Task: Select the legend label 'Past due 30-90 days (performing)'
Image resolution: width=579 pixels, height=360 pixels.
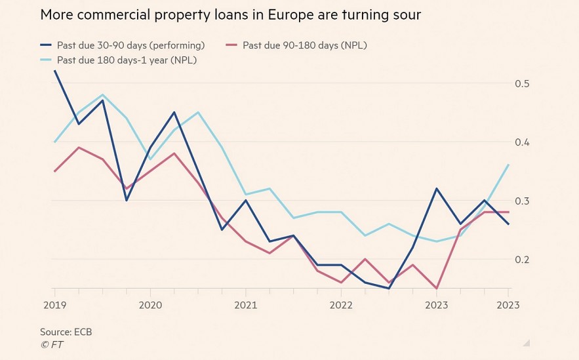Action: [130, 45]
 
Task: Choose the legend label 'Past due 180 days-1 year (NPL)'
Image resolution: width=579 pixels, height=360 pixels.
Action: [127, 60]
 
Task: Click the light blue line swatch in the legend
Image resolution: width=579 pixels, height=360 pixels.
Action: [47, 60]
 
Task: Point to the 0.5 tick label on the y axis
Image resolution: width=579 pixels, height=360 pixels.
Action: [523, 83]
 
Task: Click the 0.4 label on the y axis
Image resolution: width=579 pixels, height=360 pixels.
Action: [523, 142]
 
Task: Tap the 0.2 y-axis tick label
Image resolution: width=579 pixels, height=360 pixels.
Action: [523, 260]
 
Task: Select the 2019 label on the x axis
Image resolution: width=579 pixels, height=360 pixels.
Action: [54, 305]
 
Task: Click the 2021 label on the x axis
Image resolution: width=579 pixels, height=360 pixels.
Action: [245, 305]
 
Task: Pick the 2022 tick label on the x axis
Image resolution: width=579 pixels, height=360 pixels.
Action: [341, 305]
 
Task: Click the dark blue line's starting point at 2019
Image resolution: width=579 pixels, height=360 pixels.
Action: [54, 71]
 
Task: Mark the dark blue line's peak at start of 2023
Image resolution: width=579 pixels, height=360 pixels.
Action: [437, 189]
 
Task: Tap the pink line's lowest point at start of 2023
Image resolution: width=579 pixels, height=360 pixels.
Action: [437, 289]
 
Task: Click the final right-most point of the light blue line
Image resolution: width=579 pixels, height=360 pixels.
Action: [509, 165]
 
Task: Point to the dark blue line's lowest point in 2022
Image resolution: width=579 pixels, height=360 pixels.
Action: [389, 289]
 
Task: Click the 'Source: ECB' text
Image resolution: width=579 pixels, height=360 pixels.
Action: [66, 332]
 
